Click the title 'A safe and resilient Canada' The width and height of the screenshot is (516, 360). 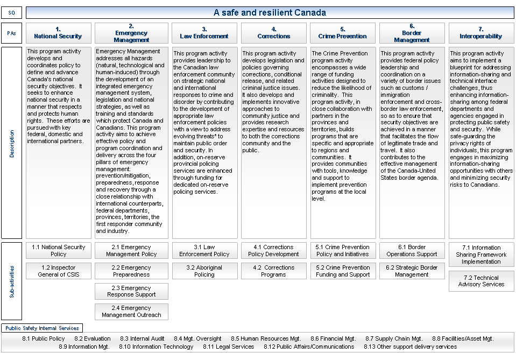pyautogui.click(x=270, y=12)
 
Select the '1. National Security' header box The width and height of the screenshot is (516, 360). pyautogui.click(x=58, y=33)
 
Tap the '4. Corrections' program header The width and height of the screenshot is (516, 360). pyautogui.click(x=274, y=33)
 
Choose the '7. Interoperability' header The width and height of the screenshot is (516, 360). pyautogui.click(x=481, y=33)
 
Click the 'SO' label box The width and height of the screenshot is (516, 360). pyautogui.click(x=12, y=12)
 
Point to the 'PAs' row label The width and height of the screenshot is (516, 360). pyautogui.click(x=12, y=33)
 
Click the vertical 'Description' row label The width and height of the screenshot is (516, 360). pyautogui.click(x=12, y=143)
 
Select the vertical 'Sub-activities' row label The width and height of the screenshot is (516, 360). pyautogui.click(x=12, y=281)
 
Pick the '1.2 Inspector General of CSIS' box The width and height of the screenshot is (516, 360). pyautogui.click(x=58, y=271)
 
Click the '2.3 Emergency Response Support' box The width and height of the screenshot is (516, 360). pyautogui.click(x=131, y=291)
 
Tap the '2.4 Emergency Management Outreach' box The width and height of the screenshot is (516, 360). pyautogui.click(x=131, y=312)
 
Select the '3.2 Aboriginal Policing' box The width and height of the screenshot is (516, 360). pyautogui.click(x=204, y=271)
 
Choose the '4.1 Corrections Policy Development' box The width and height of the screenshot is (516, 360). pyautogui.click(x=274, y=251)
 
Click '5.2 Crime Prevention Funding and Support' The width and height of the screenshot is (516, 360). pyautogui.click(x=343, y=271)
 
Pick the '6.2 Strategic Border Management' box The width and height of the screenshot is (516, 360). pyautogui.click(x=412, y=271)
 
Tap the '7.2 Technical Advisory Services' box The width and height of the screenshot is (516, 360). pyautogui.click(x=481, y=281)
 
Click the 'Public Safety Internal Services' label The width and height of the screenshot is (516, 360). pyautogui.click(x=42, y=328)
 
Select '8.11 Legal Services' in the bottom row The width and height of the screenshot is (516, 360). pyautogui.click(x=228, y=347)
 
